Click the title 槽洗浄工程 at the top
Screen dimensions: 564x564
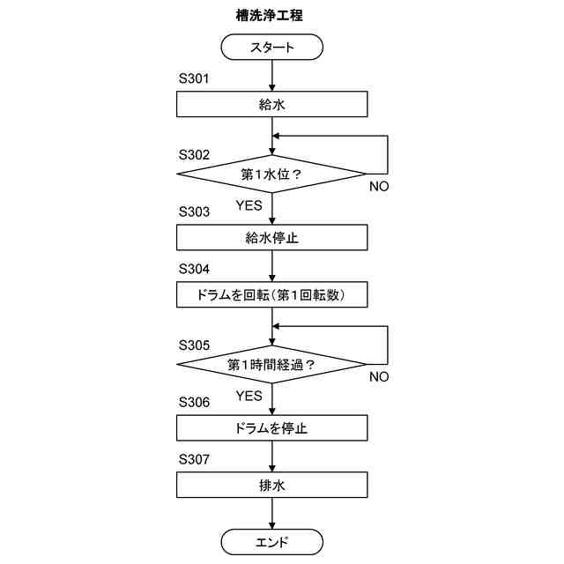point(272,16)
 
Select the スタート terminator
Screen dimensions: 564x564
point(272,47)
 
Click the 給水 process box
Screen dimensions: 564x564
point(272,105)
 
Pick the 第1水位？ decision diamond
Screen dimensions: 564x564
point(272,173)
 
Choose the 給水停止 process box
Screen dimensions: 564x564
point(272,238)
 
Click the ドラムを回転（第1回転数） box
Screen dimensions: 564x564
point(272,295)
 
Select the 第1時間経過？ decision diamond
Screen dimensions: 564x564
point(272,363)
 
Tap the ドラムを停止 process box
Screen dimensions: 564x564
point(272,428)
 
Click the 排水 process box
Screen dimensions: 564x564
point(272,486)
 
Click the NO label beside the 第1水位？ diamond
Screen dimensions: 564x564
point(379,187)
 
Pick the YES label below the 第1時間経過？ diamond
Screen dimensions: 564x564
point(249,396)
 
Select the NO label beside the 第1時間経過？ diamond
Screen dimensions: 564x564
point(379,377)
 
